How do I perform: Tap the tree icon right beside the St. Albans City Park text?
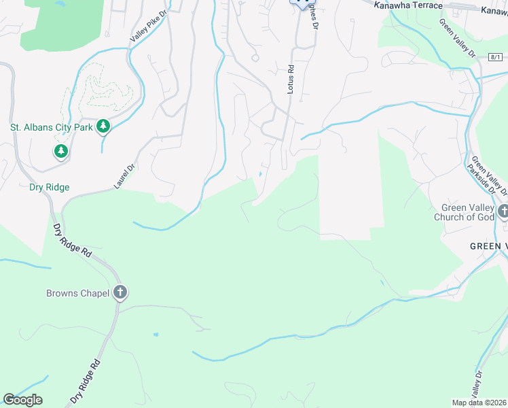103,126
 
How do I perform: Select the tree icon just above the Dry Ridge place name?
61,151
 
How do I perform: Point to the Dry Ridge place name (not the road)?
49,187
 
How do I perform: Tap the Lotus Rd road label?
290,79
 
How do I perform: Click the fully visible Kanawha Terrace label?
407,5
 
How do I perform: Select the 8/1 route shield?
494,58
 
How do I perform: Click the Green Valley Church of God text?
465,213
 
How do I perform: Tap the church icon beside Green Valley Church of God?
503,211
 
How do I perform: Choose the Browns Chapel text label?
77,294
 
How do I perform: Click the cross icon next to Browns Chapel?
120,293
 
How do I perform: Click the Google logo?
22,400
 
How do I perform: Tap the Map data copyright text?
479,403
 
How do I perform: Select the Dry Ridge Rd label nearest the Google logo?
84,383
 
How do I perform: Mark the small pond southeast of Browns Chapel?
156,335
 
